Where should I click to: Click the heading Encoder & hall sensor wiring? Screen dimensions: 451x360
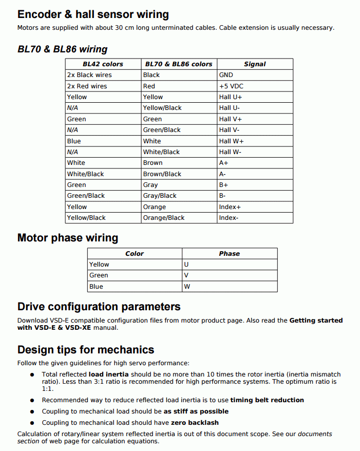(93, 14)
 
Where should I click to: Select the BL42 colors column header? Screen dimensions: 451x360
(103, 64)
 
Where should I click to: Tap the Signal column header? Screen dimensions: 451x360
(255, 64)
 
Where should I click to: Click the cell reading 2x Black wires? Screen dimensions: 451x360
(89, 75)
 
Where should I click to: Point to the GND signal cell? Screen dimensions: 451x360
(226, 75)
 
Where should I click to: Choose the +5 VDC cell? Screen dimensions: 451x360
(231, 86)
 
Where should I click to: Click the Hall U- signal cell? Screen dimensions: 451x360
(230, 108)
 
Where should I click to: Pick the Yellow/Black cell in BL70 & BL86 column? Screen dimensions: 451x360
(162, 108)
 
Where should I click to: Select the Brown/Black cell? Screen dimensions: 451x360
(162, 174)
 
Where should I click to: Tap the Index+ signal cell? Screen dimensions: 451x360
(230, 207)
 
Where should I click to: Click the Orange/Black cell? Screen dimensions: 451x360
(164, 218)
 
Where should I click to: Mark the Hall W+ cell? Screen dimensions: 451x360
(231, 141)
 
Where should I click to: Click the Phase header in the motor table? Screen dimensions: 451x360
(229, 254)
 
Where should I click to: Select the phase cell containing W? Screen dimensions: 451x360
(187, 287)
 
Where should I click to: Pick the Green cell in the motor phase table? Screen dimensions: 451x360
(99, 275)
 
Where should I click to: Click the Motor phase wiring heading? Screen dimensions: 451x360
(68, 238)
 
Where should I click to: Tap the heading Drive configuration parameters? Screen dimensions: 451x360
(99, 307)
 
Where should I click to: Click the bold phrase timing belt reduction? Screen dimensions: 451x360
(267, 400)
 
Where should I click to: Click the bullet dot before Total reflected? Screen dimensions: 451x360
(32, 375)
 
